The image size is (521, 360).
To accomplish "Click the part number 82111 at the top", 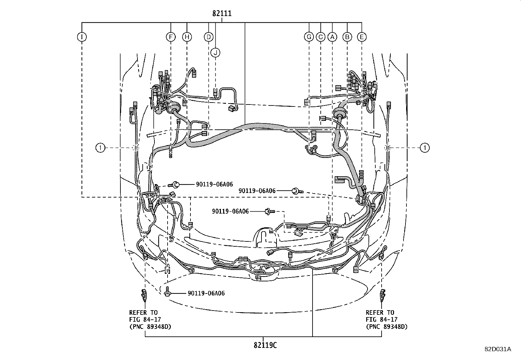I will coord(222,14).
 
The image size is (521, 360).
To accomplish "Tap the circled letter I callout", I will coord(81,37).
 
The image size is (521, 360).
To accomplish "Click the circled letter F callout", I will coord(171,37).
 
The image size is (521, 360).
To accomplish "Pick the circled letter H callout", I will coord(187,37).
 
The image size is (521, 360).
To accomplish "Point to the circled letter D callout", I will coord(208,37).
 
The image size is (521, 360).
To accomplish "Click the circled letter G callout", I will coord(309,37).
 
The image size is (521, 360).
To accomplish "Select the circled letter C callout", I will coord(321,37).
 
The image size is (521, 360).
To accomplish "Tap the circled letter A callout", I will coord(332,37).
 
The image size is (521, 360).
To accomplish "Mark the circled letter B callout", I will coord(347,37).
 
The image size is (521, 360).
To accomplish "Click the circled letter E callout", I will coord(362,37).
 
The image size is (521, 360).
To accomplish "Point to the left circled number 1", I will coord(100,148).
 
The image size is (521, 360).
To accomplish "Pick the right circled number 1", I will coord(424,148).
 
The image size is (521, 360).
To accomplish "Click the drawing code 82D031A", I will coord(498,349).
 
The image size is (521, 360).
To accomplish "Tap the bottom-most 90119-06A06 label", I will coord(206,294).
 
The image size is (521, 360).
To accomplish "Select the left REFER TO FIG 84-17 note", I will coord(150,319).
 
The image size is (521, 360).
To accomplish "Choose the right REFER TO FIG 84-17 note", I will coord(386,319).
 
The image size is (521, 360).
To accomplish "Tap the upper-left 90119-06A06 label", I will coord(214,185).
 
